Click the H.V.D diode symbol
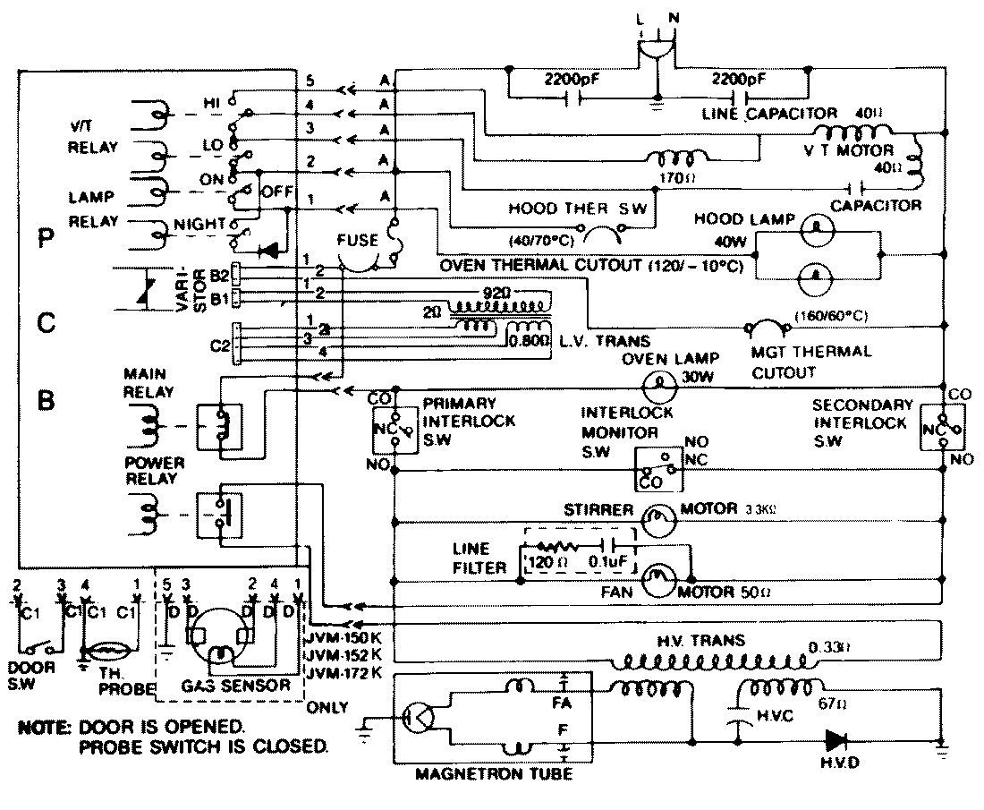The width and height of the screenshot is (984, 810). click(x=837, y=739)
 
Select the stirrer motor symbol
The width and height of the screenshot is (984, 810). click(x=657, y=517)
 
